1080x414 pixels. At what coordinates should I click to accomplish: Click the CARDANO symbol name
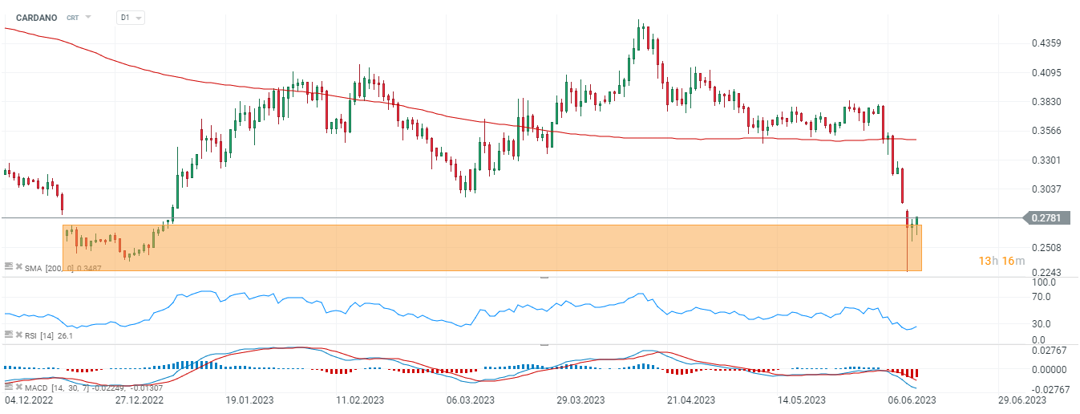click(36, 17)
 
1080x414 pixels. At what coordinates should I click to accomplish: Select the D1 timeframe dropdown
click(130, 17)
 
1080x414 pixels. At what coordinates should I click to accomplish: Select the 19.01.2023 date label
click(249, 399)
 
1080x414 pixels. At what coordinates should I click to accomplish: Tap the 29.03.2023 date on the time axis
click(580, 399)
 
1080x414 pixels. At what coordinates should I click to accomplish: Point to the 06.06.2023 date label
click(911, 399)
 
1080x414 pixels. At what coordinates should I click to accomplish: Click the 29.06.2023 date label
click(1022, 399)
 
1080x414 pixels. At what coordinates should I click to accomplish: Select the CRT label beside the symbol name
click(72, 17)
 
